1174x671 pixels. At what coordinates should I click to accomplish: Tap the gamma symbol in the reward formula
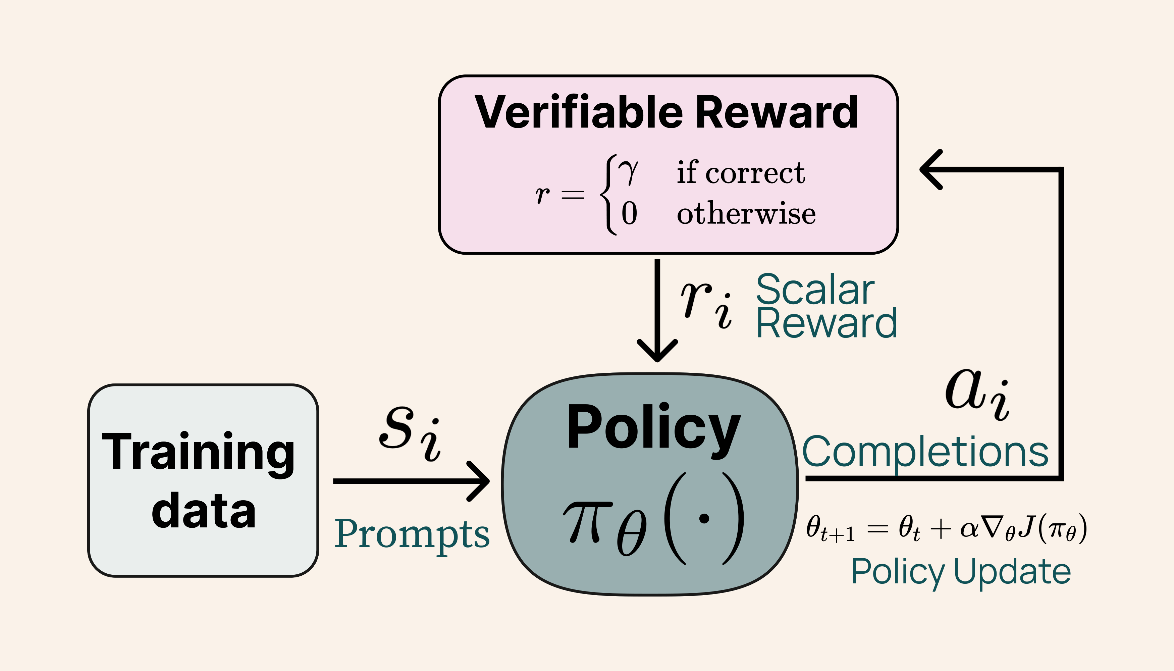coord(628,172)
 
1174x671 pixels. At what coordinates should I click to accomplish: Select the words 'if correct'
coord(740,173)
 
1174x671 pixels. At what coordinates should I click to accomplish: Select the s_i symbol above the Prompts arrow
coord(410,433)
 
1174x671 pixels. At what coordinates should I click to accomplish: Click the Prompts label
coord(412,534)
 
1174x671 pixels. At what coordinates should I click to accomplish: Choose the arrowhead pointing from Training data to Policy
coord(479,481)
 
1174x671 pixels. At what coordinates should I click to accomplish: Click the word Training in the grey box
coord(198,453)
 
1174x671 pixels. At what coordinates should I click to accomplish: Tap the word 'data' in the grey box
coord(203,510)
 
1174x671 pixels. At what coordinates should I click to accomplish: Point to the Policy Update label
coord(961,571)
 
